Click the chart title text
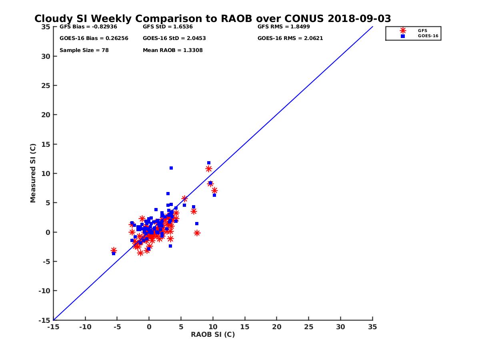coord(212,19)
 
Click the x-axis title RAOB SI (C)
coord(213,334)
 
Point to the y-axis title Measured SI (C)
coord(33,173)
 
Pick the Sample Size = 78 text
coord(84,50)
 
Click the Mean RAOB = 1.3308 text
coord(172,50)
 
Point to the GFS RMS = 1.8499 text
coord(284,27)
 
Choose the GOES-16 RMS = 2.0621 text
coord(290,38)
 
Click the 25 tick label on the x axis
coord(308,327)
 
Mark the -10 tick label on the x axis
coord(85,327)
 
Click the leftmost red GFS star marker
coord(114,250)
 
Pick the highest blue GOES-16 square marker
coord(209,163)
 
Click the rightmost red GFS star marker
coord(214,190)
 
